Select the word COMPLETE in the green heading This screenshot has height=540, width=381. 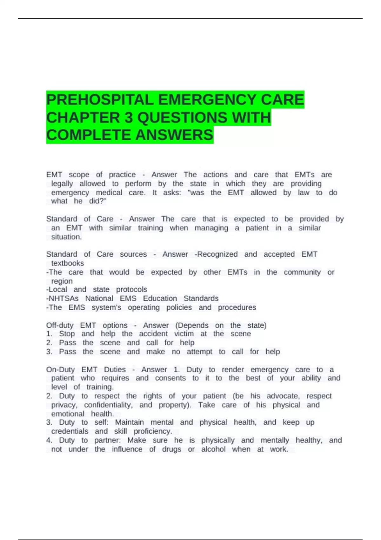coord(89,135)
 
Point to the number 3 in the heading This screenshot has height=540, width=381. coord(129,118)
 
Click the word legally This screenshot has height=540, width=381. coord(62,184)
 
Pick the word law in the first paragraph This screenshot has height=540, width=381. coord(303,192)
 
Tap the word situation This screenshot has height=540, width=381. coord(66,237)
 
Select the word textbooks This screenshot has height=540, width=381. coord(68,263)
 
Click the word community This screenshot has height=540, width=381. coord(302,272)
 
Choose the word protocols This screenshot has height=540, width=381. coord(131,289)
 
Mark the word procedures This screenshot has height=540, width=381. coord(237,307)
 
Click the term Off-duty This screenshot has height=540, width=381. coord(60,325)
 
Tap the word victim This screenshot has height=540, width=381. coord(184,334)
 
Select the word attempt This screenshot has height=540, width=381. coord(199,352)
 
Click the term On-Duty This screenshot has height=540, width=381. coord(60,369)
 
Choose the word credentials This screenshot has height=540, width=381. coord(70,431)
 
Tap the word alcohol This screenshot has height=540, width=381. coord(213,449)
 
